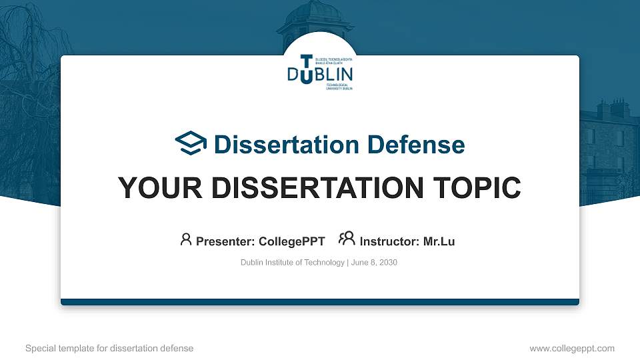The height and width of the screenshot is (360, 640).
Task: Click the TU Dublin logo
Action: pos(320,71)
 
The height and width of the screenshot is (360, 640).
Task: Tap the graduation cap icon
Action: pos(191,143)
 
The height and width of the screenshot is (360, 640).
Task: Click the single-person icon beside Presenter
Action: pos(186,240)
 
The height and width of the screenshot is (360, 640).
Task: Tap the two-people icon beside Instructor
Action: pos(347,239)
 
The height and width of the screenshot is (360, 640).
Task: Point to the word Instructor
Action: pos(389,241)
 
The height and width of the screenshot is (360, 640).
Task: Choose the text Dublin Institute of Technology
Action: pos(292,263)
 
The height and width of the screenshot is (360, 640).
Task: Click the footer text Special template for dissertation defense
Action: pos(109,348)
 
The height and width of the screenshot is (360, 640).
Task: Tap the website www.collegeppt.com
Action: pos(571,348)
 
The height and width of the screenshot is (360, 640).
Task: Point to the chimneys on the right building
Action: pos(612,107)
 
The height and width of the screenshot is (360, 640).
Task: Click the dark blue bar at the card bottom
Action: pos(320,302)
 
